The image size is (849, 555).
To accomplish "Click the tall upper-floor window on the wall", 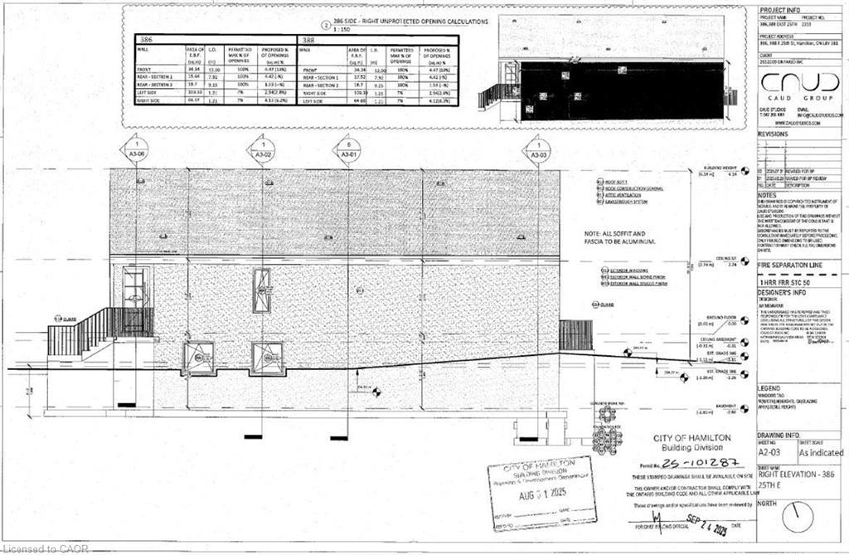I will click(x=261, y=290).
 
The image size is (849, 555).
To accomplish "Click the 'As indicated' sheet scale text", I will click(x=821, y=453).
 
